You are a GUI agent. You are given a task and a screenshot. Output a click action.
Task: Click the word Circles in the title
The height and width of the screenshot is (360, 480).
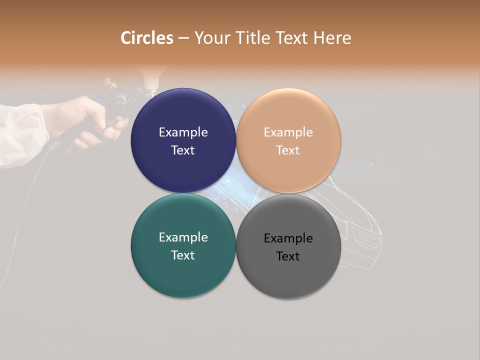coord(147,38)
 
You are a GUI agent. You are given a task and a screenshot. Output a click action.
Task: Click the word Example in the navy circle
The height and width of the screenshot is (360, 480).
coord(183,132)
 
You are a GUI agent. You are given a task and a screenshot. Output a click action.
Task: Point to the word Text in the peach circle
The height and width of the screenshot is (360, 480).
coord(288,150)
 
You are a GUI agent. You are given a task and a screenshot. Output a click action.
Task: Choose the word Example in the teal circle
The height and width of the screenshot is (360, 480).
coord(183,237)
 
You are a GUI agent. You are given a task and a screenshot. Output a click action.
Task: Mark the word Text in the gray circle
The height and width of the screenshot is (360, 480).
coord(288,256)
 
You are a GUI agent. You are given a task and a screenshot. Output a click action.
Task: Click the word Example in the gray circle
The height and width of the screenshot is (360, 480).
coord(288,238)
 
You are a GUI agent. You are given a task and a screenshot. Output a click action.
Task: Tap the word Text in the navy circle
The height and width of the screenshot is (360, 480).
coord(183,150)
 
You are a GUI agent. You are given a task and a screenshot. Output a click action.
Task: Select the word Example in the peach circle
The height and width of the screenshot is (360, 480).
coord(288,132)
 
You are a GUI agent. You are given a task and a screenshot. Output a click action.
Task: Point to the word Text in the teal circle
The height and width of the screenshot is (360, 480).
coord(183,255)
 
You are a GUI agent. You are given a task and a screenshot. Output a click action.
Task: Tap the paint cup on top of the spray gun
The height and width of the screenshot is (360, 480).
coord(149,77)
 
